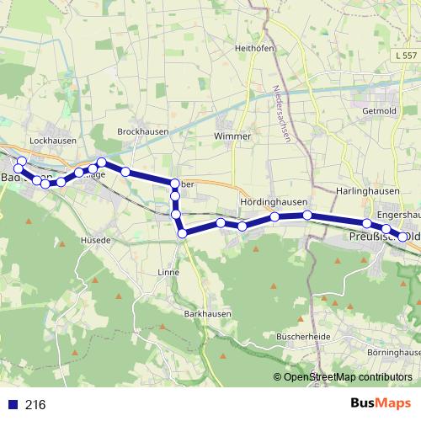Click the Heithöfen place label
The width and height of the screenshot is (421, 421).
click(256, 48)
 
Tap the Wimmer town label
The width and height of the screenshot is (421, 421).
click(232, 136)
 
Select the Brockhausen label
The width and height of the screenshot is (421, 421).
click(142, 131)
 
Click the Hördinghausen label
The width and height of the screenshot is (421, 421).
click(274, 204)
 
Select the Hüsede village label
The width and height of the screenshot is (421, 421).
click(96, 240)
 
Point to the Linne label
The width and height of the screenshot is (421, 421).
click(168, 273)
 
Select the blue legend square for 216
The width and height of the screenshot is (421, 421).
click(13, 404)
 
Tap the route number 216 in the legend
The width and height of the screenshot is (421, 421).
click(35, 404)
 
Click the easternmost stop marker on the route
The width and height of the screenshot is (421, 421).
click(403, 237)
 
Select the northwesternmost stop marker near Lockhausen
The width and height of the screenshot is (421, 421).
click(22, 161)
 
